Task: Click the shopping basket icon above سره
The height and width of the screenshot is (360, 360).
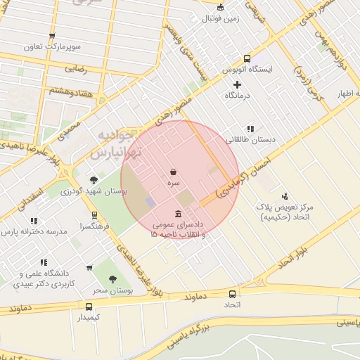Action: [174, 172]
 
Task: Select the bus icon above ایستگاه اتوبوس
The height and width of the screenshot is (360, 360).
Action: [247, 59]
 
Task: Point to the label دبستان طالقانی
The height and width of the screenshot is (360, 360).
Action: [250, 140]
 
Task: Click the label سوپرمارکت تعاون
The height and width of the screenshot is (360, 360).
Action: [53, 46]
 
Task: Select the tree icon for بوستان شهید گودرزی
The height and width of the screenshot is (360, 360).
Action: [94, 180]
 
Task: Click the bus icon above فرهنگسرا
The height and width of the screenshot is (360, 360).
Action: [94, 215]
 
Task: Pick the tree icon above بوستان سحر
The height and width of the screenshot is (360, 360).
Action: [112, 279]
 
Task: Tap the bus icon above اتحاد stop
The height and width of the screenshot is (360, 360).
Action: [232, 294]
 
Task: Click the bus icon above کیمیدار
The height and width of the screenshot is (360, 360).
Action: [89, 307]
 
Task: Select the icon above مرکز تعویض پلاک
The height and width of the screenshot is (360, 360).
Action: [285, 196]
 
